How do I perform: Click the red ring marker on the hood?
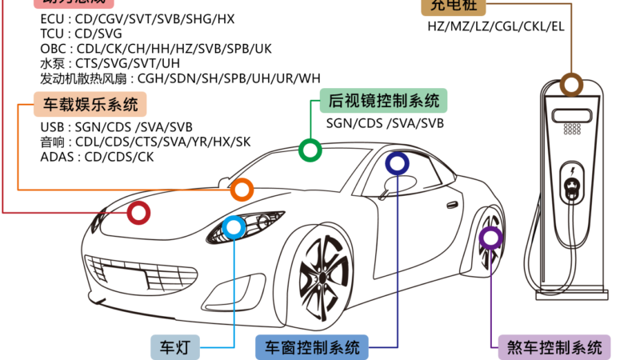(x=138, y=213)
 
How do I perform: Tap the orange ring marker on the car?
(x=242, y=190)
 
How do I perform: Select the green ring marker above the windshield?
(x=310, y=149)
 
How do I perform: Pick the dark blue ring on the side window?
(x=397, y=164)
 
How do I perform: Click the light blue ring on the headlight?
(x=233, y=228)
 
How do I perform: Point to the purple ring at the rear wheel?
(x=490, y=237)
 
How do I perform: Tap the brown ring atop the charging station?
(x=570, y=84)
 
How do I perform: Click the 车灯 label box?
(x=175, y=347)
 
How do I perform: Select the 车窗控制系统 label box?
(x=311, y=347)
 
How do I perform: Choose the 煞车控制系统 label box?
(x=554, y=347)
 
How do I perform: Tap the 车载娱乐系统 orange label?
(x=90, y=104)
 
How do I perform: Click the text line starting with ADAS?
(x=96, y=157)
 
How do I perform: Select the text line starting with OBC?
(x=156, y=49)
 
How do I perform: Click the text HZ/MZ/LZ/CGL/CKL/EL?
(x=496, y=26)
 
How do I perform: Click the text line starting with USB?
(x=116, y=126)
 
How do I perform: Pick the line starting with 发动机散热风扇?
(x=180, y=78)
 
